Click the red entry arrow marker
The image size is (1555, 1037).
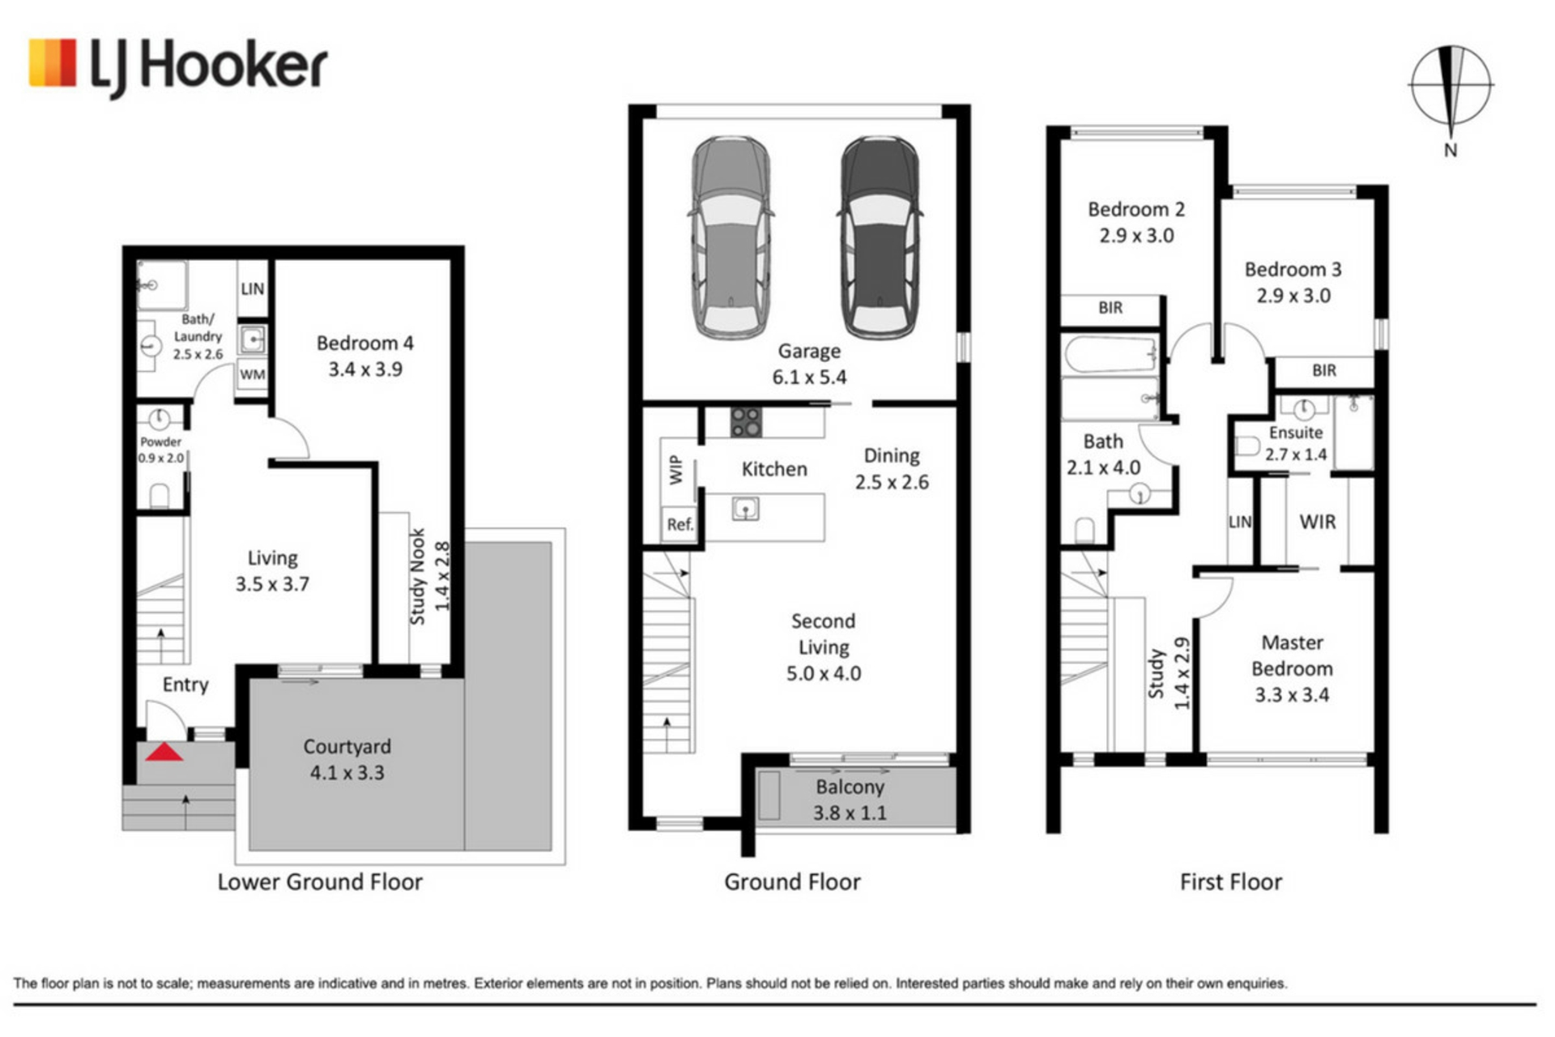click(x=164, y=752)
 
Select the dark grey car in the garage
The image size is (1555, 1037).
click(x=880, y=236)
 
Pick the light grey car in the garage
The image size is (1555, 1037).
click(x=731, y=236)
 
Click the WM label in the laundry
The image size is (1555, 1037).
click(x=252, y=374)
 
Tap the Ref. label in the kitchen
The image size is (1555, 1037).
click(x=680, y=524)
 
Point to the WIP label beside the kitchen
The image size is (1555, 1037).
click(x=675, y=470)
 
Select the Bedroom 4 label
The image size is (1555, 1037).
click(x=365, y=356)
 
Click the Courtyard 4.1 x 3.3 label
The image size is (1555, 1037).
click(x=347, y=759)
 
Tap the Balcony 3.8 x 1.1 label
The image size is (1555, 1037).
click(x=850, y=800)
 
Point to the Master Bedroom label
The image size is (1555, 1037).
click(x=1292, y=668)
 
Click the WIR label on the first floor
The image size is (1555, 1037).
click(x=1318, y=522)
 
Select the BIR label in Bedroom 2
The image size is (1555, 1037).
click(x=1110, y=308)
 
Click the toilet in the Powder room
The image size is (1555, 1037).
click(x=160, y=496)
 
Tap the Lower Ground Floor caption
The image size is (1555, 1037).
click(x=320, y=881)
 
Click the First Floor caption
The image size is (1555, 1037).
click(x=1231, y=881)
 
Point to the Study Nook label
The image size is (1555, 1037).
click(x=429, y=576)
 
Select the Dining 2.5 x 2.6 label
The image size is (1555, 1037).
click(x=892, y=468)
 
